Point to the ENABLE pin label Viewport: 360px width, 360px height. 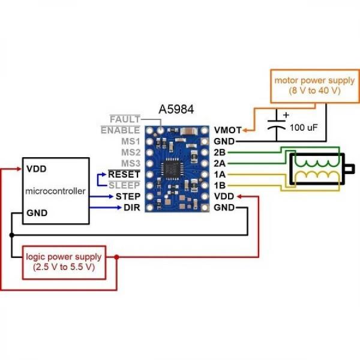coord(121,130)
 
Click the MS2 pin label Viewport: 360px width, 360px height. coord(130,152)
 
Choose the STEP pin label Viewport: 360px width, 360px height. coord(128,196)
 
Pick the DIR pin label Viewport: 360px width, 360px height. coord(131,207)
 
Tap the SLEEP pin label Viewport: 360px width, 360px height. coord(124,185)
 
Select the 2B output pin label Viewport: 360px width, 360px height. coord(220,152)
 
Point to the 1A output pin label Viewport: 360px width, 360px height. coord(220,174)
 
